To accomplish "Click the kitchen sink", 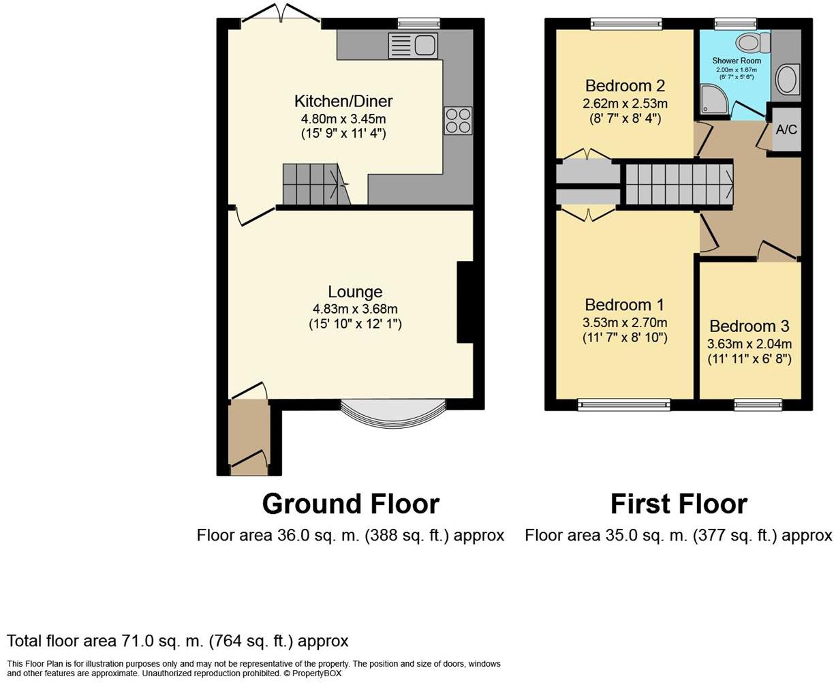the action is tap(413, 46).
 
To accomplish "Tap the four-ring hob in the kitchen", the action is tap(458, 121).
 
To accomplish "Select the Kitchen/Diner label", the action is tap(343, 101).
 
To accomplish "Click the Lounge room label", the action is tap(355, 292).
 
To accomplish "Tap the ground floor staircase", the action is tap(316, 184).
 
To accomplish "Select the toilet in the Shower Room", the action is tap(753, 42).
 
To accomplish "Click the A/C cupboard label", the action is tap(786, 130).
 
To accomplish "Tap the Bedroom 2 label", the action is tap(625, 85).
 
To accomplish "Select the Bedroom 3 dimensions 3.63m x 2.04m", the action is tap(750, 344).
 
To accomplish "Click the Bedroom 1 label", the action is tap(624, 305).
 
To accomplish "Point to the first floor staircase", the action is tap(679, 185).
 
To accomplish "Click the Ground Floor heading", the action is tap(351, 504).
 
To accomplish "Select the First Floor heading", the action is tap(679, 504).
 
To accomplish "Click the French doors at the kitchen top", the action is tap(281, 13).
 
